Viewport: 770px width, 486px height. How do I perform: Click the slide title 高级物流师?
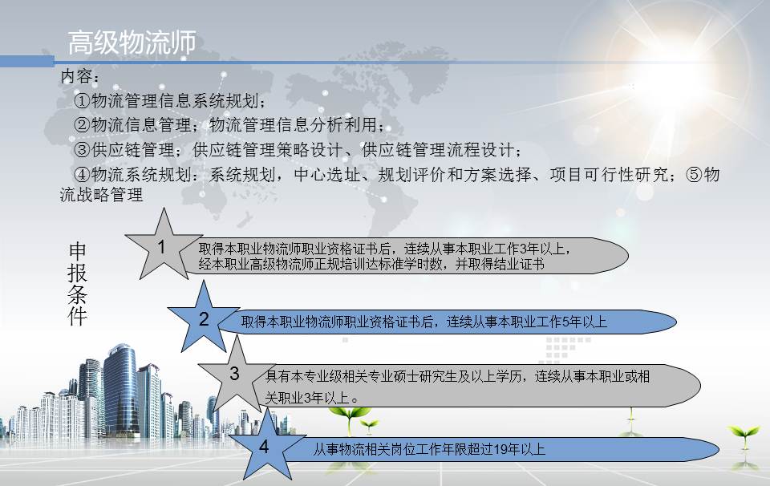pos(132,43)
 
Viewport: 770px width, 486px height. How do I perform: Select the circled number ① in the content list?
pos(82,101)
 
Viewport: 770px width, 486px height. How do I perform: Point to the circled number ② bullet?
pos(82,125)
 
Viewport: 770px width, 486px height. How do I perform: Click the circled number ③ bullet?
pos(82,150)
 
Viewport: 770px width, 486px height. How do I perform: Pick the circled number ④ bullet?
pos(82,174)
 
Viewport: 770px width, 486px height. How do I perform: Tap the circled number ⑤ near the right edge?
pos(695,174)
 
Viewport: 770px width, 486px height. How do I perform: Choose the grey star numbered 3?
pos(235,375)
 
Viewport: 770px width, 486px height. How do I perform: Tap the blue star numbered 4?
pos(265,446)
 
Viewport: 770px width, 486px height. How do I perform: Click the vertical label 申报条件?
pos(77,284)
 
